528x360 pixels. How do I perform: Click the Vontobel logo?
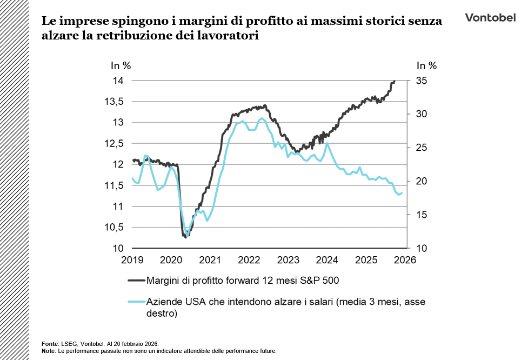[x=490, y=18]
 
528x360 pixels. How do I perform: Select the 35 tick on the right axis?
[x=422, y=81]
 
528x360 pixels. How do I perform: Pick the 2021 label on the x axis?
[x=211, y=260]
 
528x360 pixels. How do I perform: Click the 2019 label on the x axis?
[x=132, y=260]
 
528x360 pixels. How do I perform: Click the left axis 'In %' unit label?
[x=121, y=66]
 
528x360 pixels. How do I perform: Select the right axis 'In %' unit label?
[x=426, y=66]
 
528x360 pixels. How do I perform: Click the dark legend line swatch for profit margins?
[x=136, y=280]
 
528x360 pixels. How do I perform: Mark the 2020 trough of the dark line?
[x=185, y=237]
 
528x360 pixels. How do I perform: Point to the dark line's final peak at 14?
[x=395, y=81]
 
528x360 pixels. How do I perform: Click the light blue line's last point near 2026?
[x=402, y=193]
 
